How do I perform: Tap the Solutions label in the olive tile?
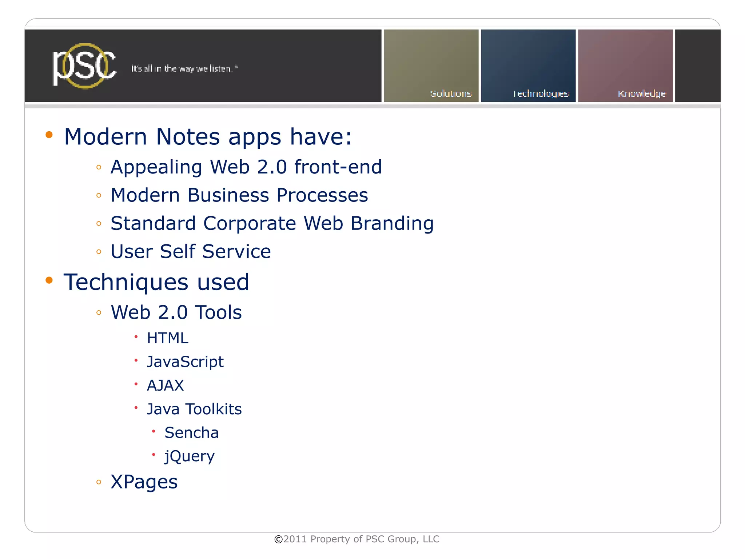pyautogui.click(x=451, y=94)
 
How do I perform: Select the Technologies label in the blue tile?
pyautogui.click(x=541, y=94)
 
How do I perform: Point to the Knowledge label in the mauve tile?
pyautogui.click(x=642, y=94)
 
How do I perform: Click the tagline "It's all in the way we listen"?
pyautogui.click(x=184, y=69)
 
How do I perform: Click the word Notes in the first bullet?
pyautogui.click(x=188, y=137)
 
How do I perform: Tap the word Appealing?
pyautogui.click(x=156, y=167)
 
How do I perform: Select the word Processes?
pyautogui.click(x=322, y=195)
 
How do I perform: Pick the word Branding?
pyautogui.click(x=392, y=224)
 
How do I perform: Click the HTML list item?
pyautogui.click(x=167, y=338)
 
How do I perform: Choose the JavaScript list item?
pyautogui.click(x=185, y=362)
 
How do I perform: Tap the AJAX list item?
pyautogui.click(x=165, y=386)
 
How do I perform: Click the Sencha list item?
pyautogui.click(x=191, y=433)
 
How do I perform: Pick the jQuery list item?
pyautogui.click(x=189, y=456)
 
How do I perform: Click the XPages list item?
pyautogui.click(x=144, y=482)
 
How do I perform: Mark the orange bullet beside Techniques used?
pyautogui.click(x=49, y=280)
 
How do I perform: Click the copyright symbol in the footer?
pyautogui.click(x=278, y=539)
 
